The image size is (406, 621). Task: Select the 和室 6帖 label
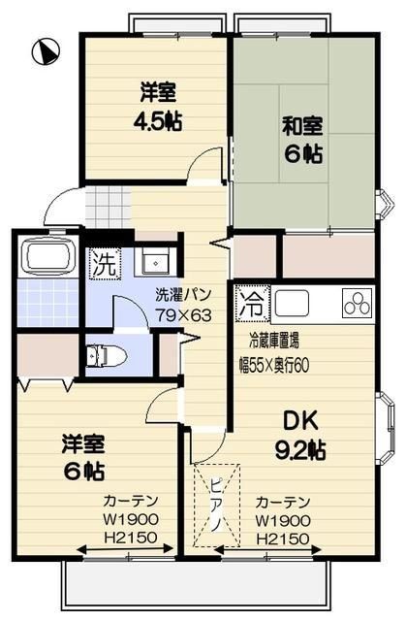[302, 139]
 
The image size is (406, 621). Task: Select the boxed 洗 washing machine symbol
[102, 262]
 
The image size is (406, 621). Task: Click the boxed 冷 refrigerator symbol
[251, 301]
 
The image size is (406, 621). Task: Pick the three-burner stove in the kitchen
[358, 305]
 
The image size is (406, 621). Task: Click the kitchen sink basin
[302, 305]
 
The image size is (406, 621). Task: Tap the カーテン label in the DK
[282, 503]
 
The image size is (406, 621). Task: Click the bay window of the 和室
[384, 206]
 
